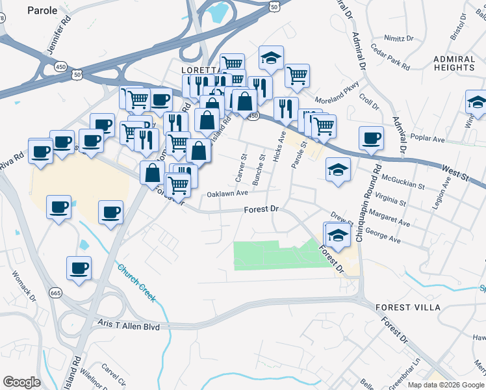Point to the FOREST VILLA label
(407, 307)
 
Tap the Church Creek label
(137, 282)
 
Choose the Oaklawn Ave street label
(227, 194)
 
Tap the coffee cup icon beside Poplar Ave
(372, 138)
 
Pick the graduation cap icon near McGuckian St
(337, 170)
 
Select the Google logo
(22, 382)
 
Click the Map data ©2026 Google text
(446, 385)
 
